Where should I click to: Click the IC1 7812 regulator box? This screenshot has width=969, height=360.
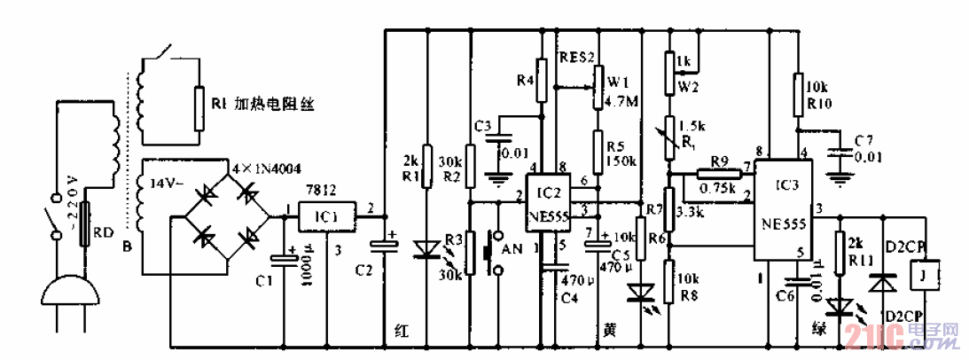[325, 215]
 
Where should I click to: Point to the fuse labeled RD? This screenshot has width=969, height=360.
[85, 232]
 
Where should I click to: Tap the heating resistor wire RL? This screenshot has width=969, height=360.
[197, 103]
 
